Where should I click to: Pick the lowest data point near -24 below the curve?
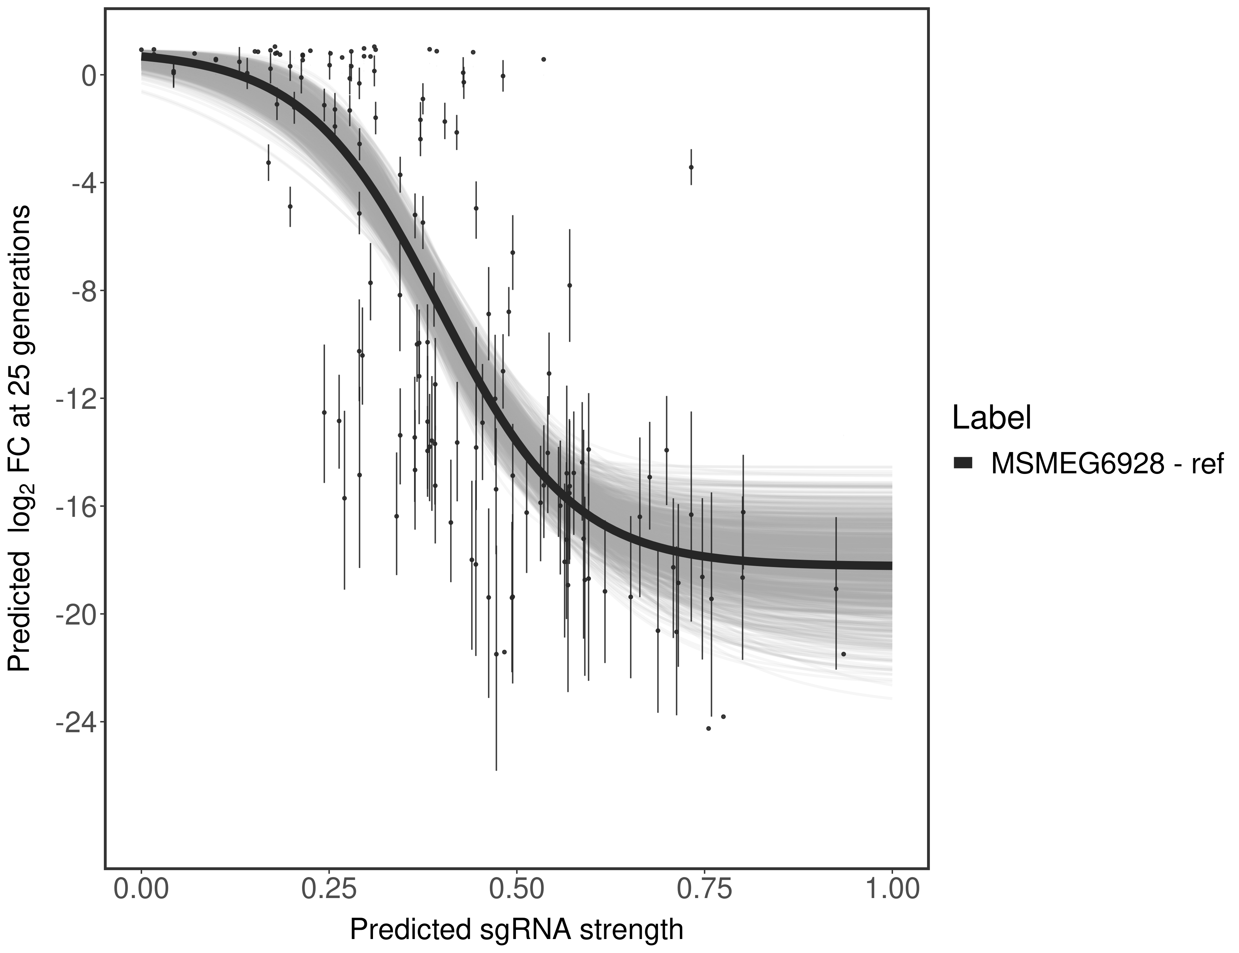[x=708, y=728]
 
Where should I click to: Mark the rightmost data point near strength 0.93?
[x=843, y=654]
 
